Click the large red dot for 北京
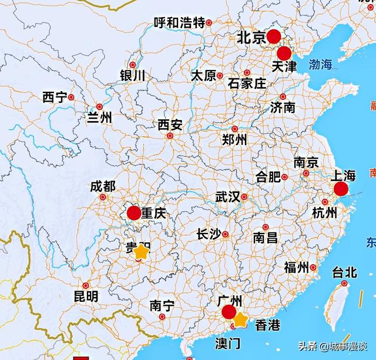(x=274, y=37)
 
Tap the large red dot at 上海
(x=341, y=189)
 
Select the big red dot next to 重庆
(x=134, y=214)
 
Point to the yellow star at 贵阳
(x=141, y=252)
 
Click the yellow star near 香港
(x=240, y=321)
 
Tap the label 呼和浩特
(x=179, y=23)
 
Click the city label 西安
(x=170, y=125)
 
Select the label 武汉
(x=227, y=197)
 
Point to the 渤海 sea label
(x=320, y=64)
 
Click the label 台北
(x=344, y=272)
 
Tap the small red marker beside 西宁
(x=71, y=97)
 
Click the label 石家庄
(x=247, y=83)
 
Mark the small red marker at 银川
(x=133, y=65)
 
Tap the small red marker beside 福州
(x=313, y=268)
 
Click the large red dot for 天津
(x=285, y=54)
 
